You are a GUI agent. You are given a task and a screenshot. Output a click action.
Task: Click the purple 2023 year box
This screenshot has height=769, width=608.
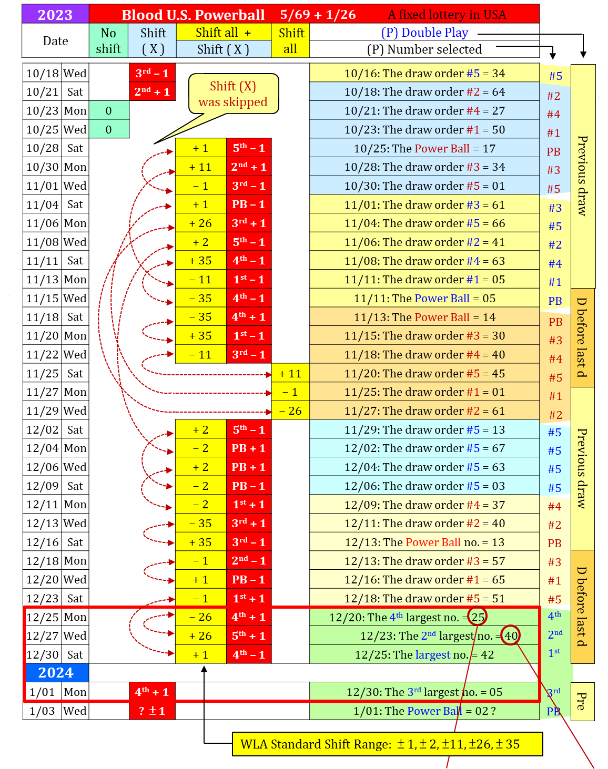point(55,14)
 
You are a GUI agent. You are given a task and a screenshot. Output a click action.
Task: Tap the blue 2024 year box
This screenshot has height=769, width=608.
point(57,673)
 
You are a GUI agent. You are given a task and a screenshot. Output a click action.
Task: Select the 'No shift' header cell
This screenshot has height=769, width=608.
point(108,40)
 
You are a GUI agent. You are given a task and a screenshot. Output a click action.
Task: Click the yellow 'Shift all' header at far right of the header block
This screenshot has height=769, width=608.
point(290,40)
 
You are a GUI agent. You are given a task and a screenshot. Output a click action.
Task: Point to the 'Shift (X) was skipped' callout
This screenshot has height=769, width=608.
point(233,94)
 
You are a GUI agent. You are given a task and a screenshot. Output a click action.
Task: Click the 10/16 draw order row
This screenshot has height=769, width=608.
point(424,73)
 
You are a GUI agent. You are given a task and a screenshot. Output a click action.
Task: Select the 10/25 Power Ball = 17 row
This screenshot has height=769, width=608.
point(424,148)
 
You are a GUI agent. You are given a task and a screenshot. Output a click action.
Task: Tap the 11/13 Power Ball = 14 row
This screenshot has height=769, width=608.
point(424,317)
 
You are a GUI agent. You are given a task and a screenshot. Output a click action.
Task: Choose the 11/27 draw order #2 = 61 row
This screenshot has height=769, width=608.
point(424,411)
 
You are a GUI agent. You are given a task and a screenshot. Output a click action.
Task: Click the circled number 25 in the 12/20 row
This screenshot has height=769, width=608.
point(478,617)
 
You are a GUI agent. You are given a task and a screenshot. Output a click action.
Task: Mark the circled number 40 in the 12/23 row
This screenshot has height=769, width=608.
point(511,635)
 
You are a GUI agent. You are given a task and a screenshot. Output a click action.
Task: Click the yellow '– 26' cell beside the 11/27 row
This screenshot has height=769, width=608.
point(290,411)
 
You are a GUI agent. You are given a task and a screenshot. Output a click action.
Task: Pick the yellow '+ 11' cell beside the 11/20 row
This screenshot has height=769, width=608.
point(290,373)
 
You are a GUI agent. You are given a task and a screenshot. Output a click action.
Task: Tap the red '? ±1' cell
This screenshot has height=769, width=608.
point(151,711)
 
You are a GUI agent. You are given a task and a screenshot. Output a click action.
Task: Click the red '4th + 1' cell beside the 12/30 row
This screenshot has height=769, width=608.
point(151,692)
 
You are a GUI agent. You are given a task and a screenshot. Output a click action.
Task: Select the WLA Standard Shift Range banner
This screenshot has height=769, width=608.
point(387,744)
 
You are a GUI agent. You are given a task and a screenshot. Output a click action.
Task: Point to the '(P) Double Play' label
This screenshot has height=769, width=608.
point(424,33)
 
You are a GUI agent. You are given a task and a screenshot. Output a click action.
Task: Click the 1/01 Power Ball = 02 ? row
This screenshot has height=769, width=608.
point(424,711)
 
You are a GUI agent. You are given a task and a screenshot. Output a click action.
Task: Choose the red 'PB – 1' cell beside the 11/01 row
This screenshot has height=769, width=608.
point(249,204)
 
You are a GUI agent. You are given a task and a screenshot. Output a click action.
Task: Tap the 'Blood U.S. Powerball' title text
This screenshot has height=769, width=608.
point(193,15)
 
